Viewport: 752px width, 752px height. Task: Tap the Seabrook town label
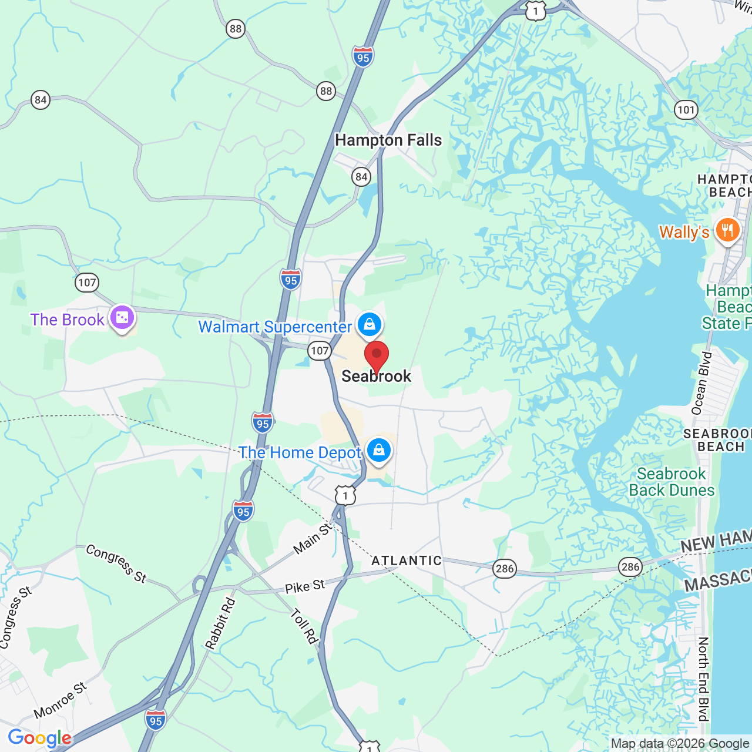pos(377,376)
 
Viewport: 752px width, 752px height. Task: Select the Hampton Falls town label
pos(388,140)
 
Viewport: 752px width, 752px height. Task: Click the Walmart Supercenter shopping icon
pos(369,324)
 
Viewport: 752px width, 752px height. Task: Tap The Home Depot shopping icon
pos(379,451)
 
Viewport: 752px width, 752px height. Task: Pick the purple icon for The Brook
pos(122,318)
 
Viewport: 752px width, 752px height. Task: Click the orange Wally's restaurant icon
pos(727,230)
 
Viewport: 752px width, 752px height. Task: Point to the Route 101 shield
pos(686,109)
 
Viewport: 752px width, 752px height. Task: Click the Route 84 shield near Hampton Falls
pos(361,176)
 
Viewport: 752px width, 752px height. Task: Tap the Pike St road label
pos(305,586)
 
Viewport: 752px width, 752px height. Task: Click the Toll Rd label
pos(304,626)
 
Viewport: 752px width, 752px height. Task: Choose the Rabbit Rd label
pos(220,623)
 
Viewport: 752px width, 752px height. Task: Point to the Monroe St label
pos(61,700)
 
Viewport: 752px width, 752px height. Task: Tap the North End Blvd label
pos(703,679)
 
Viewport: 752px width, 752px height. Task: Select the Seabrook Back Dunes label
pos(672,482)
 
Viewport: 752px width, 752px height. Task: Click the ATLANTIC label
pos(407,560)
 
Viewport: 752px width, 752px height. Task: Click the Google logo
pos(39,738)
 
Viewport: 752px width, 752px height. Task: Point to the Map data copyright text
pos(680,744)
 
